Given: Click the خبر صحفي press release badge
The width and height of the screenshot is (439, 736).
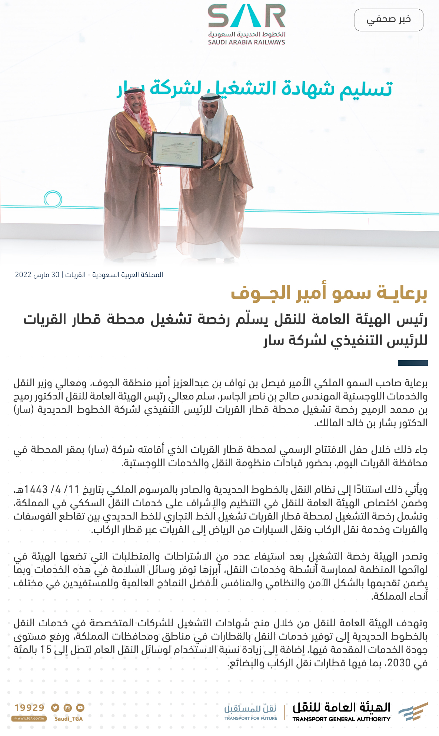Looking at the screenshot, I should coord(389,20).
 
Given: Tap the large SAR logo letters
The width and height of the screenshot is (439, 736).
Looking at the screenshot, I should coord(246,17).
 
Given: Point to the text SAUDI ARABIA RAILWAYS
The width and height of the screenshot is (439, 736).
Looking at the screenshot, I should coord(246,42).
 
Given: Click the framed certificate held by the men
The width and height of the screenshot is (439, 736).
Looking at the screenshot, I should coord(177,150).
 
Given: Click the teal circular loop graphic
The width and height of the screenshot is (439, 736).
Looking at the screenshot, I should coord(53,199).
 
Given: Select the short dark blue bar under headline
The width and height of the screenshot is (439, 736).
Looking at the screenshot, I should coord(413,363).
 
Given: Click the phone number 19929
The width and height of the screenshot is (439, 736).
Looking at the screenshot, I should coord(30,707).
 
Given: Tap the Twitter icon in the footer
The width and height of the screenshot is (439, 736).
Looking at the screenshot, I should coord(55,707).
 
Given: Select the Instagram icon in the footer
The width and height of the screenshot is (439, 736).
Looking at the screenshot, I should coord(67,707).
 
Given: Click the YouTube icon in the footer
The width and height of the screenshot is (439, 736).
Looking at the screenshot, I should coord(80,707).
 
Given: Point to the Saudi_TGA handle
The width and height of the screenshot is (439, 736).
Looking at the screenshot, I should coord(69,719).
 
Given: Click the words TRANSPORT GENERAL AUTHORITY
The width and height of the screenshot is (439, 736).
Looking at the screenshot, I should coord(341,719).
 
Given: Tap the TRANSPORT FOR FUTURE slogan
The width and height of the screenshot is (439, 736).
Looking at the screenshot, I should coord(251,718).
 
